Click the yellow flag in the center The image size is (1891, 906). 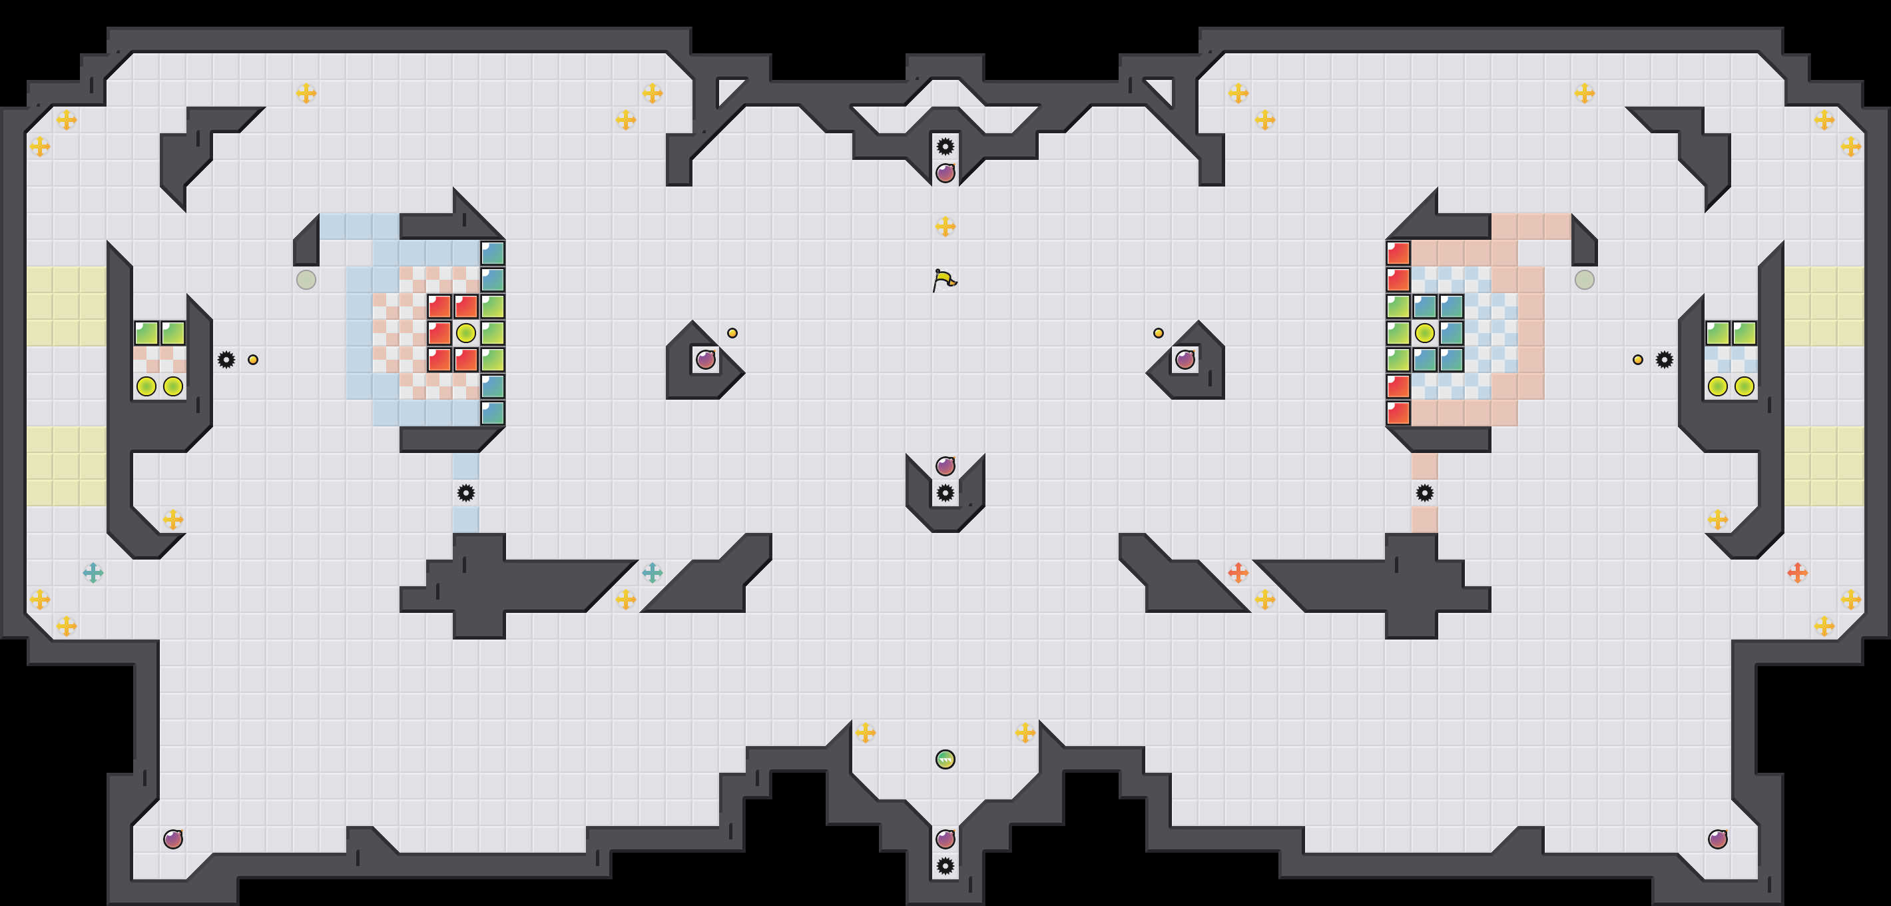[x=944, y=280]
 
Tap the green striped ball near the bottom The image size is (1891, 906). [x=945, y=759]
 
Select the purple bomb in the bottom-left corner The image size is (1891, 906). [x=172, y=839]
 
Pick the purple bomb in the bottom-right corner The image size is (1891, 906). [x=1717, y=839]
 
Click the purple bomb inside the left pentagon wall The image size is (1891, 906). [x=705, y=359]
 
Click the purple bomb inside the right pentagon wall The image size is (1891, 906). [x=1185, y=359]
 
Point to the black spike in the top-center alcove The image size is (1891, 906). [x=945, y=146]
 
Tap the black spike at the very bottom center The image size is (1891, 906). [x=945, y=865]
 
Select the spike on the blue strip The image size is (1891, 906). [x=465, y=493]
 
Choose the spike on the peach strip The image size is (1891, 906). [x=1424, y=493]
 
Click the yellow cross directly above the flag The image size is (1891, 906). [x=945, y=226]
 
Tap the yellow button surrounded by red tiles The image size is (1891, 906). [x=465, y=332]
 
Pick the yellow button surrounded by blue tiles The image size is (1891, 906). [x=1424, y=332]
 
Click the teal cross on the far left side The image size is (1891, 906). [x=93, y=573]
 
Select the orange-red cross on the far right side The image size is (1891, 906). [x=1797, y=573]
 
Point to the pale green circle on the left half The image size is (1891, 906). [x=306, y=280]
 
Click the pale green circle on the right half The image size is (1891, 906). [x=1584, y=280]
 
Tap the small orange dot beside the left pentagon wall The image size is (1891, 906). [x=732, y=332]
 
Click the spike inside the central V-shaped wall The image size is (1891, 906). [x=945, y=493]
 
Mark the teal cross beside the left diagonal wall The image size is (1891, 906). [x=652, y=573]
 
